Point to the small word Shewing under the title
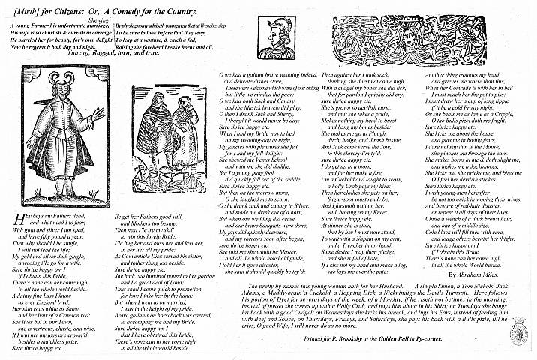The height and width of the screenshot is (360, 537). tap(106, 21)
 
